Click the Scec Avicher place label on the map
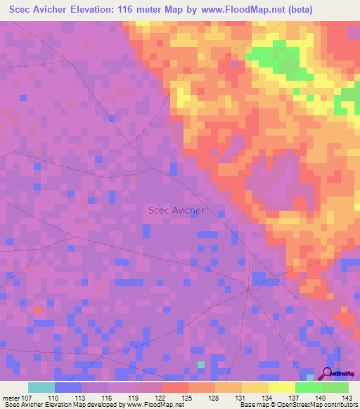coord(176,210)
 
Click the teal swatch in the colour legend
coord(41,387)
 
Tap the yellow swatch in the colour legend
coord(281,387)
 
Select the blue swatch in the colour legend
coord(67,387)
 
